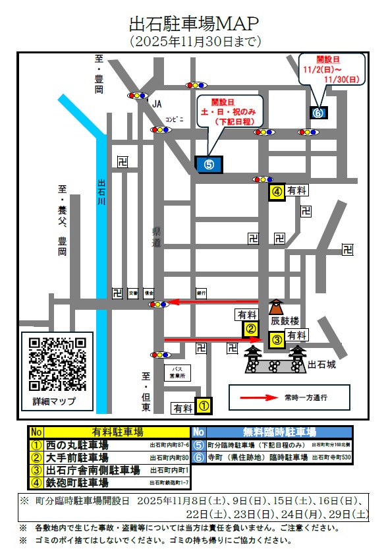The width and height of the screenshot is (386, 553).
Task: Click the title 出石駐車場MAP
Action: coord(193,24)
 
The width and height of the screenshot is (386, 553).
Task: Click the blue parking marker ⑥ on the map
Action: coord(318,113)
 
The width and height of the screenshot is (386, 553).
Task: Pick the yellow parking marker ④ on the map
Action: coord(277,192)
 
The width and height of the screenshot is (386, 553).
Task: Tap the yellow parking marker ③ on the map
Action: coord(277,340)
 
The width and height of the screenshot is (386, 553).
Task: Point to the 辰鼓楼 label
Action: coord(285,322)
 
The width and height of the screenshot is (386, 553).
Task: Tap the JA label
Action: coord(157,104)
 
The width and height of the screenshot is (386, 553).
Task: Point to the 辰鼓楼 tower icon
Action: coord(275,306)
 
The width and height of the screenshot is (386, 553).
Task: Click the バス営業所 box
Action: coord(177,373)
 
